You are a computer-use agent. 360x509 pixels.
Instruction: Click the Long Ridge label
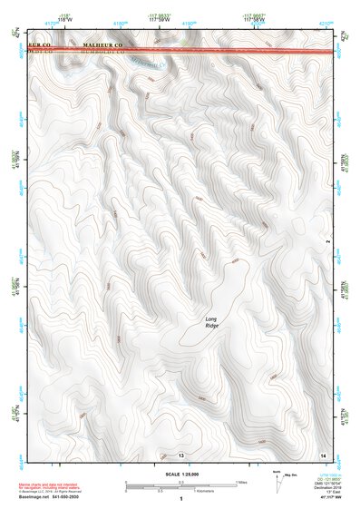tap(211, 322)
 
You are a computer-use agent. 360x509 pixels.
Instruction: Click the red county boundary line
tap(181, 51)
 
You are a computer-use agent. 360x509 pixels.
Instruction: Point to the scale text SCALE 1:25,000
tap(181, 474)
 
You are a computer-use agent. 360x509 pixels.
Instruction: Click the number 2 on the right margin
tap(326, 242)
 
